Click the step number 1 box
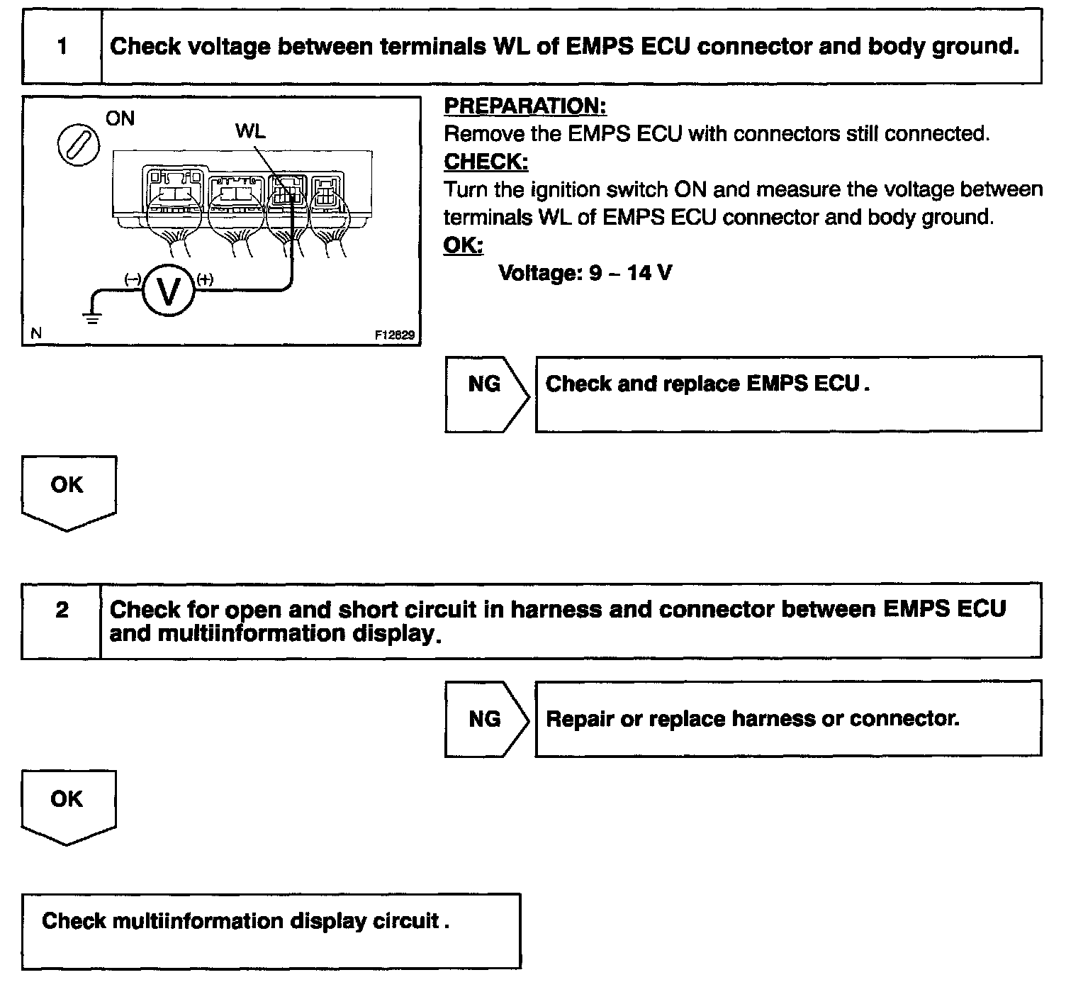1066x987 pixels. (x=62, y=47)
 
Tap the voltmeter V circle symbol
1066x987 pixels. (x=168, y=291)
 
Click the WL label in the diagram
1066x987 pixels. (x=250, y=131)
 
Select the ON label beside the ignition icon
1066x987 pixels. (x=120, y=118)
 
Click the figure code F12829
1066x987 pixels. (x=395, y=335)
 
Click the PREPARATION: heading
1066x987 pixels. (x=524, y=106)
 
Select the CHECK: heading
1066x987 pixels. (x=486, y=162)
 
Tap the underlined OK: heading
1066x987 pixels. (x=463, y=245)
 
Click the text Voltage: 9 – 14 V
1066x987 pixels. (x=585, y=273)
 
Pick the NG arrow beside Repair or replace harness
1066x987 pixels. (x=486, y=719)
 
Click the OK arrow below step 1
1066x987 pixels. (x=68, y=491)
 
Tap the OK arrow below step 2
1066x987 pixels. (x=68, y=805)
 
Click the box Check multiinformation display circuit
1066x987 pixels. (x=271, y=930)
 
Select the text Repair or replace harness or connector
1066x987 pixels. (x=752, y=719)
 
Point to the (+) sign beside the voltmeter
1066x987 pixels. (x=204, y=279)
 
